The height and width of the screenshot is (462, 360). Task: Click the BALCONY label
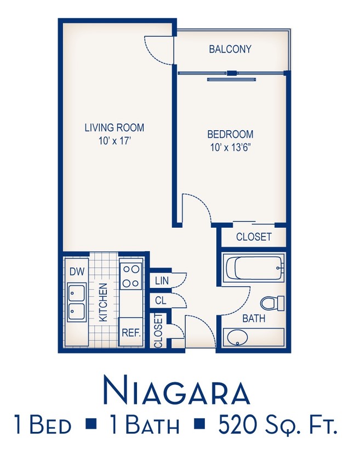click(x=230, y=49)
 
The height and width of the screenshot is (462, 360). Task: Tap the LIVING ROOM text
click(x=114, y=128)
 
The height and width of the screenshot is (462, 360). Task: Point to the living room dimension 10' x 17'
click(x=114, y=141)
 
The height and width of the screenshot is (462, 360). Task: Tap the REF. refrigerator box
click(x=131, y=332)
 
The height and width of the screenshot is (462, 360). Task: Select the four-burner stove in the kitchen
click(x=131, y=275)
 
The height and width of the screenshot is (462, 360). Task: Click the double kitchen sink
click(x=75, y=303)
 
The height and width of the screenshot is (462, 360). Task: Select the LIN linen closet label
click(x=162, y=281)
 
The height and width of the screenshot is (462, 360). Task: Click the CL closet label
click(x=161, y=301)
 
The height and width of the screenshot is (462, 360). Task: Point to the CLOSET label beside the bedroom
click(x=253, y=237)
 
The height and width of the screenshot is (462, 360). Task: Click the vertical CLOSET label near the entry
click(x=158, y=330)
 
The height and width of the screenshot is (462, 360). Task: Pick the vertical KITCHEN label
click(x=102, y=302)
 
